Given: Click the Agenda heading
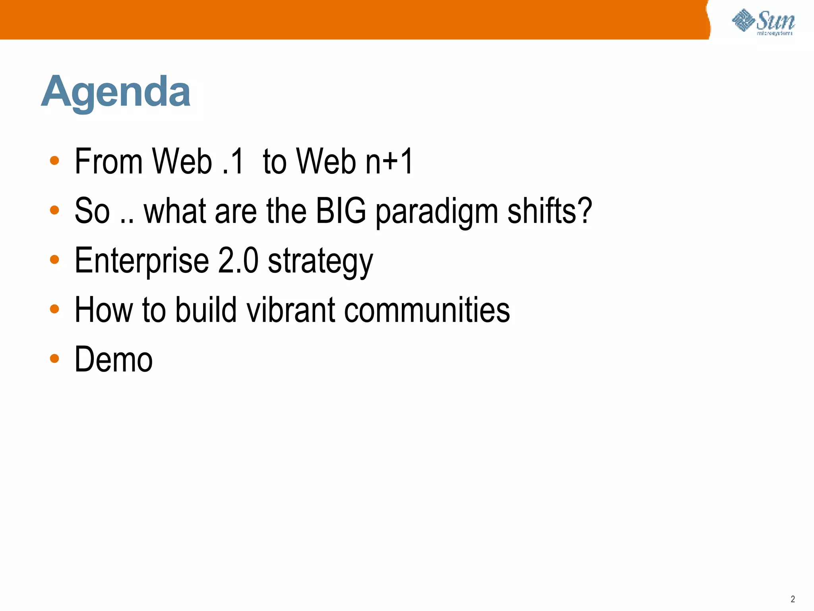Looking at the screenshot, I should pos(116,92).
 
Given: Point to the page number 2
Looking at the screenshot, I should pos(793,599).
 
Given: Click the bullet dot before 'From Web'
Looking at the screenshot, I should pos(54,161).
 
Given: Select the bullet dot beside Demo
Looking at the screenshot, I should pos(54,358).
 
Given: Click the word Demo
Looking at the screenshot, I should pos(114,360).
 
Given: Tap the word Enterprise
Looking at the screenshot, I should pos(141,261).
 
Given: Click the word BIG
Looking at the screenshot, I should pos(341,211).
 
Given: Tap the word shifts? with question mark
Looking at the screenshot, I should pos(550,211).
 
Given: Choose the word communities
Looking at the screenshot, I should pos(427,310).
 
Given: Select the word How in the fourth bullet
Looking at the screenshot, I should pos(103,310).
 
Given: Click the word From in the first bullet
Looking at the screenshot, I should pos(109,162).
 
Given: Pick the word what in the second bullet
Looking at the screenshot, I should pos(174,211).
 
